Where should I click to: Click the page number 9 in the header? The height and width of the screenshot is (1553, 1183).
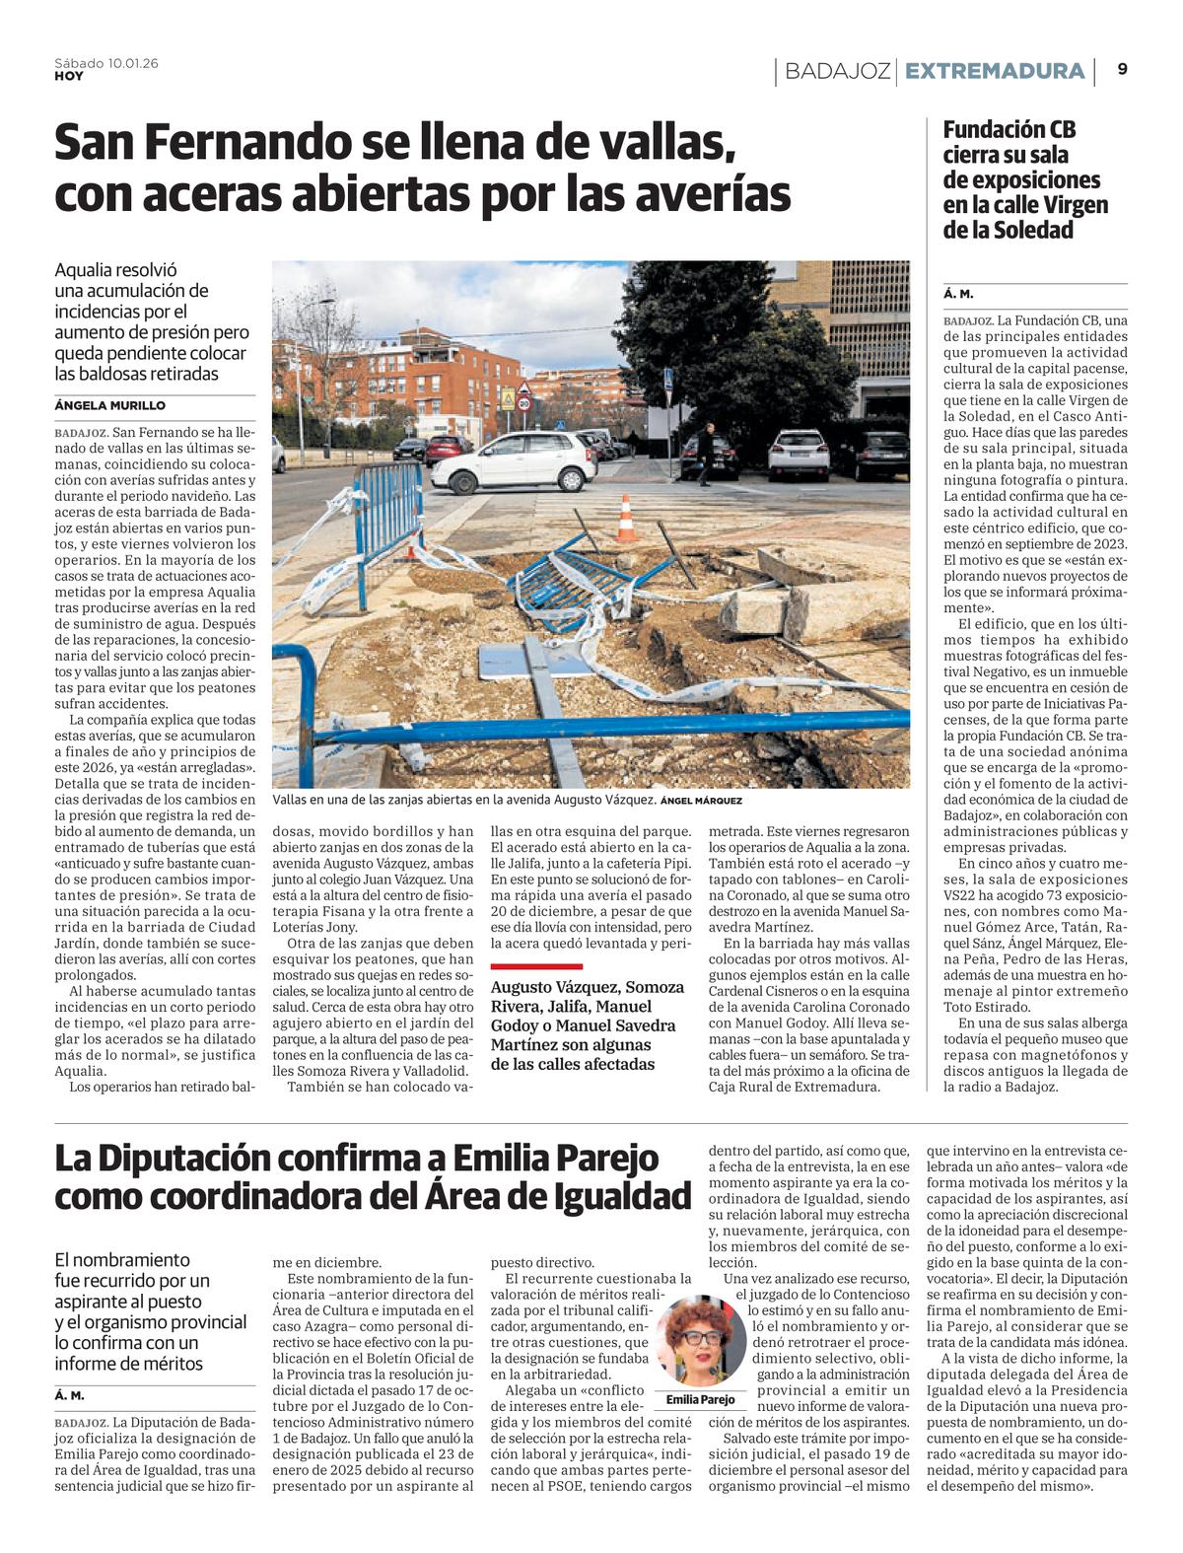[1123, 70]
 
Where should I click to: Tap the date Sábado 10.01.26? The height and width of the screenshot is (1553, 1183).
[105, 63]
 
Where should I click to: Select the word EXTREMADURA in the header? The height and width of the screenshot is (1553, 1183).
[994, 71]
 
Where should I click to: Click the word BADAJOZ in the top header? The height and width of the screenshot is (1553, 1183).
[838, 71]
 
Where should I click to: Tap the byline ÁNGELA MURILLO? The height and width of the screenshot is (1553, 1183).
[110, 405]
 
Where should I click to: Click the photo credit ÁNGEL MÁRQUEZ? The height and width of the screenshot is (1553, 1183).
[701, 801]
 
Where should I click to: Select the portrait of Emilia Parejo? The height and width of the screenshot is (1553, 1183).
[701, 1344]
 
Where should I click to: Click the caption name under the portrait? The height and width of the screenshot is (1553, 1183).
[701, 1399]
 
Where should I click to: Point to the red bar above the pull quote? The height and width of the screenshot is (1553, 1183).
[536, 966]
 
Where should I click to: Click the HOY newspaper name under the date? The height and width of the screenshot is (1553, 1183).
[69, 76]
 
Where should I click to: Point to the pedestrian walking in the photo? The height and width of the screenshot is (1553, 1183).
[706, 455]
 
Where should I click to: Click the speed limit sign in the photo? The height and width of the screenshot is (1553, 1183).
[522, 404]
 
